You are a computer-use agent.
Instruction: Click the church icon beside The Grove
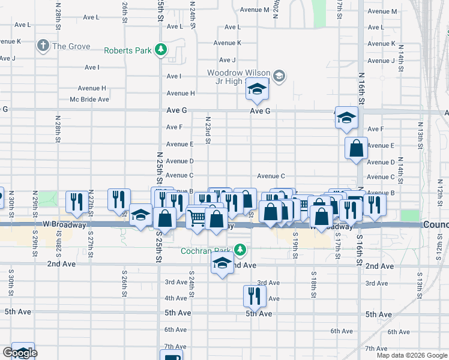coord(43,46)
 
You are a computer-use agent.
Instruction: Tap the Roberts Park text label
coord(128,50)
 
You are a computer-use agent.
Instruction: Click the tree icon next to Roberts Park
coord(160,50)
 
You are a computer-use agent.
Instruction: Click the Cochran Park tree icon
coord(240,249)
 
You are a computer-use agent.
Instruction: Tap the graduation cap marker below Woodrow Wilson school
coord(256,90)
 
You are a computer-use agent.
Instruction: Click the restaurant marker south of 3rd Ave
coord(255,295)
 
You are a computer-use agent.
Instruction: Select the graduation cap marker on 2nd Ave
coord(222,262)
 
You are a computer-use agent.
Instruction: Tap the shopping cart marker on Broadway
coord(197,218)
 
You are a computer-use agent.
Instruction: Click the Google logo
coord(20,353)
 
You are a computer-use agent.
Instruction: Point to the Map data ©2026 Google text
coord(412,355)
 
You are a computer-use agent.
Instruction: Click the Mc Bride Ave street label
coord(89,99)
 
